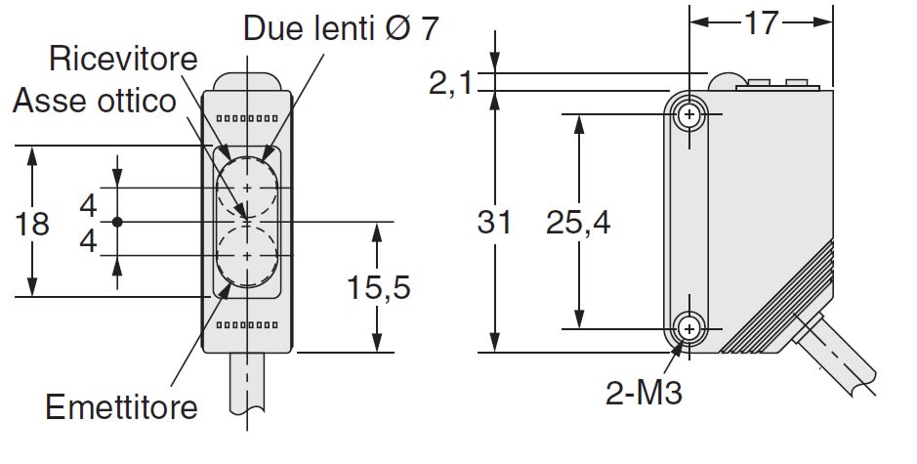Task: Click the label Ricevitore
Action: pos(123,60)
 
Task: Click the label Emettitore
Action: pos(121,405)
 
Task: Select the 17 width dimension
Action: pos(762,22)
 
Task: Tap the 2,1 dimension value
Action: pos(450,84)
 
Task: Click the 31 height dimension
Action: pos(495,223)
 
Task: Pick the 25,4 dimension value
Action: pos(578,223)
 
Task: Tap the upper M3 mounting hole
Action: pos(691,115)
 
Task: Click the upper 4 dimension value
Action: pos(89,206)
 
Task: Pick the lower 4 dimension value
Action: pos(89,240)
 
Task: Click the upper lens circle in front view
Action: pos(247,187)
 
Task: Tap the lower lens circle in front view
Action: pos(247,256)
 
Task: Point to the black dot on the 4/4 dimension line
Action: pos(117,223)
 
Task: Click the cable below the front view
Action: pos(248,391)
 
